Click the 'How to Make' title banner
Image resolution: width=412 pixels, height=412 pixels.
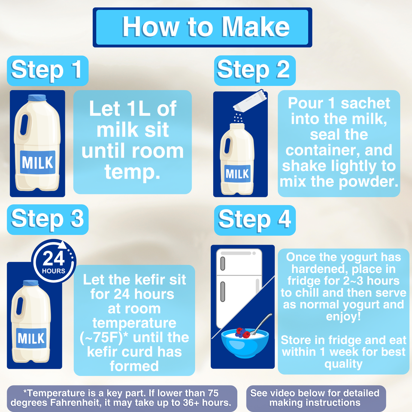202,27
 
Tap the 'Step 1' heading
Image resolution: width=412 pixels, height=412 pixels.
48,70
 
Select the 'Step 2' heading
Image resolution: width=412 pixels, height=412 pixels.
254,70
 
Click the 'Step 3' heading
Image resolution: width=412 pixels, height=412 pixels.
48,219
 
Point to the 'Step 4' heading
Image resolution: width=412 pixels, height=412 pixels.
254,220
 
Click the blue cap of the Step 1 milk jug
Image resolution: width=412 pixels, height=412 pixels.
37,97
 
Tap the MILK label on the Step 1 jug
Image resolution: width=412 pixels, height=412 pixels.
38,162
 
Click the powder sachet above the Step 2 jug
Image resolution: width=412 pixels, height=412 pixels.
250,100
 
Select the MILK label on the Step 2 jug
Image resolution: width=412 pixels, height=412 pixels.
237,173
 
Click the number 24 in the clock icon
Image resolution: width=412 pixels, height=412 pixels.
54,258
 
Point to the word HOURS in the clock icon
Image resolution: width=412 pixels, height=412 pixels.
54,271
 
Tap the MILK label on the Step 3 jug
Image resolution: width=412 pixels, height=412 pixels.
31,338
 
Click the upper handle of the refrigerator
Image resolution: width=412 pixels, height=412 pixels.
223,264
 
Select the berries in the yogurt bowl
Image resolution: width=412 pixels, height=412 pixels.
242,333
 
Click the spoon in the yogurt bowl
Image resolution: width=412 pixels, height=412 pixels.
261,324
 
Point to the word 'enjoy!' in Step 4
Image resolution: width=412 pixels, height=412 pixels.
343,316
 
